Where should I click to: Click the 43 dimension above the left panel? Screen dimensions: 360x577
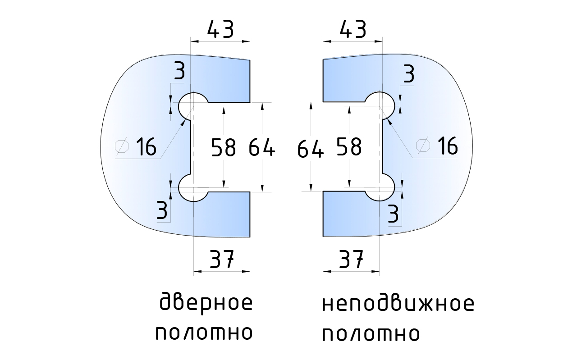(x=220, y=30)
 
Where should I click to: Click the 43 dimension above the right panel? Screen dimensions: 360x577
(x=353, y=30)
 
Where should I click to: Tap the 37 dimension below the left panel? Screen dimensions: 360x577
(x=221, y=260)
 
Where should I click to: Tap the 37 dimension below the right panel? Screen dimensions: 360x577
(x=351, y=260)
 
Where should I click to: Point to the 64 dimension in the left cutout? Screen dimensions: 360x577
(x=262, y=147)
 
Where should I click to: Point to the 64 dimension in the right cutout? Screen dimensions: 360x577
(x=311, y=148)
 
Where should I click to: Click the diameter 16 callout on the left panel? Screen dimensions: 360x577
(x=145, y=147)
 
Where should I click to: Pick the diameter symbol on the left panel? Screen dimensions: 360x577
(x=122, y=146)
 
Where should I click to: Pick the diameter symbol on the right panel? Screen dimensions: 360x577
(x=423, y=145)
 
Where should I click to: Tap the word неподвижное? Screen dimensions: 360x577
(x=398, y=305)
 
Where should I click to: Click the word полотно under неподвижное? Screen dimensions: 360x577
(x=371, y=334)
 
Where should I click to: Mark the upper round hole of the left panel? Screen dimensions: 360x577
(x=193, y=106)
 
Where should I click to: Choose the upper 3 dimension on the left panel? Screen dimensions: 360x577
(x=179, y=73)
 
